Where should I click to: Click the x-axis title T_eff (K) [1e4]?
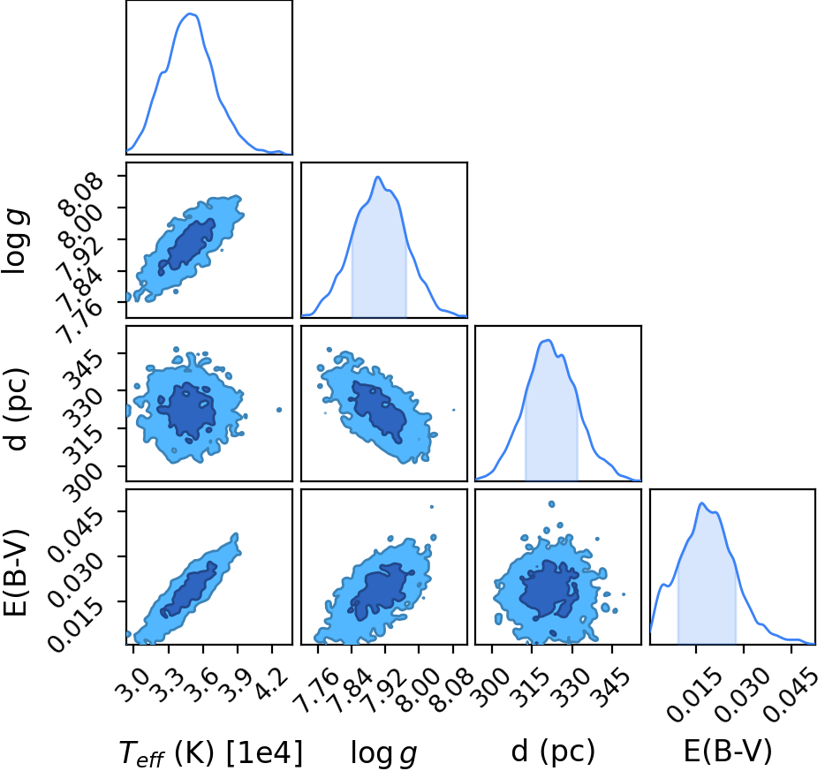click(x=211, y=752)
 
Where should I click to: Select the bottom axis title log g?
click(x=384, y=753)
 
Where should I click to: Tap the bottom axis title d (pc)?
click(x=553, y=752)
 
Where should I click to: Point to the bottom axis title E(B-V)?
click(x=728, y=751)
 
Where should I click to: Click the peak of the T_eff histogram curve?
click(x=190, y=14)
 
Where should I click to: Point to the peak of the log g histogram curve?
click(x=377, y=178)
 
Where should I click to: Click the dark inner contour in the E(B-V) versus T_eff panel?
click(x=189, y=589)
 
